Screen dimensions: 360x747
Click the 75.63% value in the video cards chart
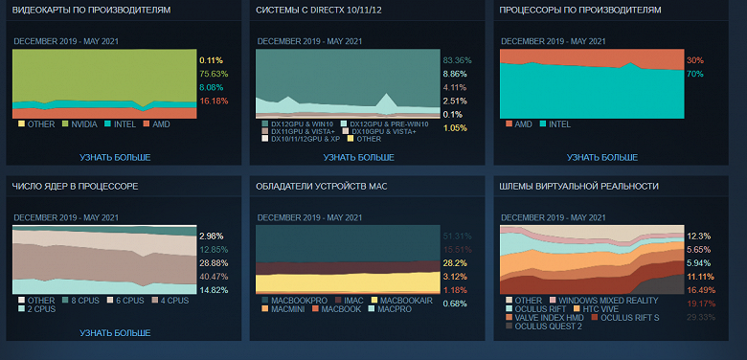[214, 73]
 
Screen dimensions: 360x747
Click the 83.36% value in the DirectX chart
[458, 60]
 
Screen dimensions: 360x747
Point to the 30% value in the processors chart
[694, 60]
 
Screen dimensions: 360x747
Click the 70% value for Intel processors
[694, 74]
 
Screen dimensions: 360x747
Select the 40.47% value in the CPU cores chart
[214, 277]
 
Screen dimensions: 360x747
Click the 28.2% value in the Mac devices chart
[456, 263]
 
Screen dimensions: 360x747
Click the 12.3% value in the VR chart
[698, 236]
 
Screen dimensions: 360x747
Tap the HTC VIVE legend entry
[594, 309]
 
